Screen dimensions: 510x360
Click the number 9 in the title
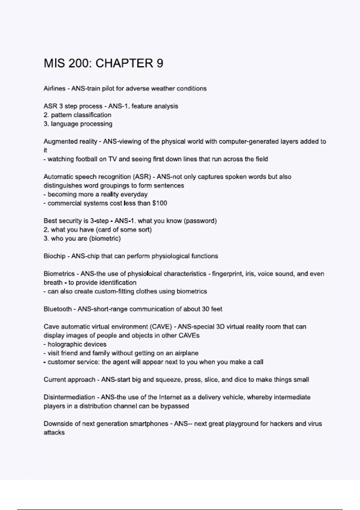point(160,63)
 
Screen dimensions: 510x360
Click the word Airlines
point(54,88)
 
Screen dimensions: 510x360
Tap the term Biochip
point(54,256)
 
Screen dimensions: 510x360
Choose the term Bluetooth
point(57,309)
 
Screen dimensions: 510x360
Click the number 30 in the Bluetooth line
point(205,309)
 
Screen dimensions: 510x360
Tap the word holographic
point(62,344)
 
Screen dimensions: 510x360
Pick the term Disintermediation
point(69,397)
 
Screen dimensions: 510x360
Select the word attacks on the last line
point(54,433)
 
